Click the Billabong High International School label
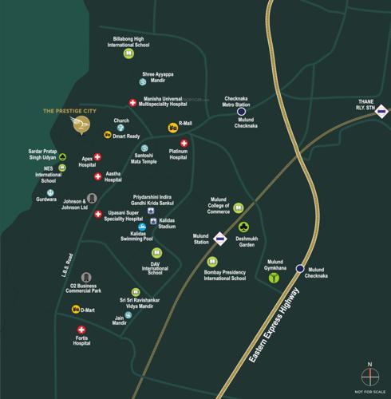click(140, 41)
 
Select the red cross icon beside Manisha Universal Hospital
click(132, 102)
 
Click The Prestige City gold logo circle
click(80, 125)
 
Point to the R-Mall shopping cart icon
click(172, 127)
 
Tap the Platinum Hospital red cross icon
click(184, 144)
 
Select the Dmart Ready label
click(126, 136)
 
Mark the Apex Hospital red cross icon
click(97, 157)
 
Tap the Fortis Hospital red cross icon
click(81, 330)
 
